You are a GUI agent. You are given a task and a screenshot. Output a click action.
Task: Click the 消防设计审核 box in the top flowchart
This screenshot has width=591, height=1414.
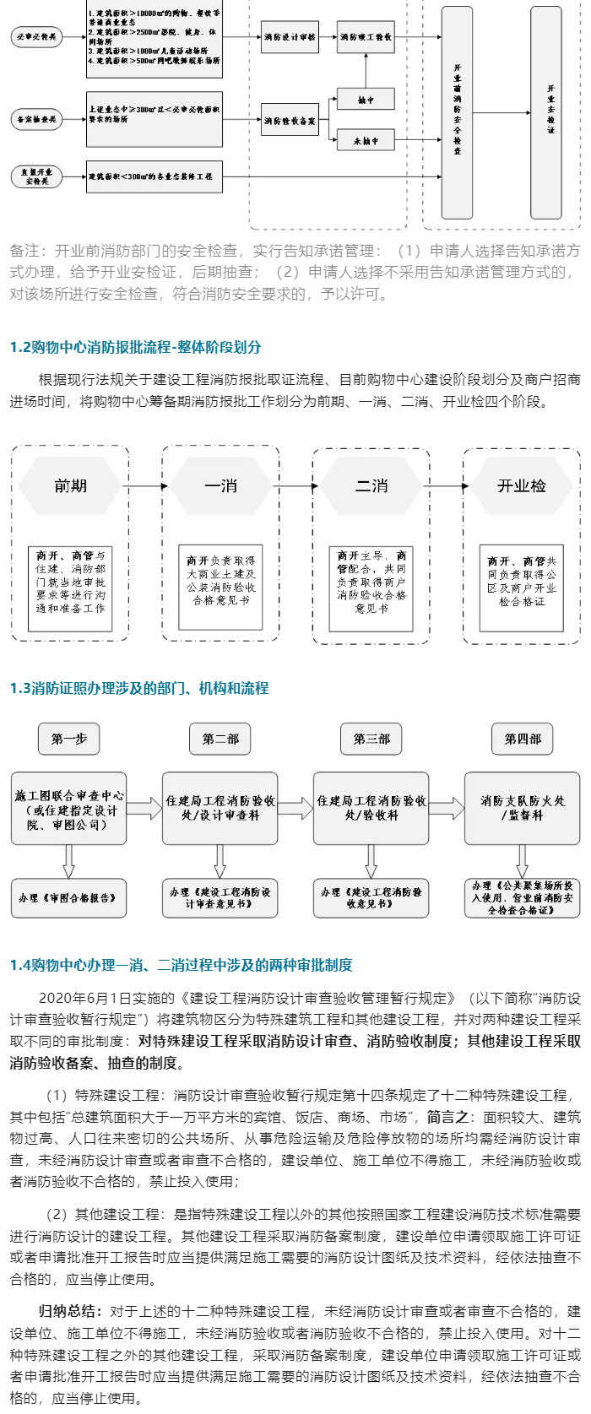(x=290, y=37)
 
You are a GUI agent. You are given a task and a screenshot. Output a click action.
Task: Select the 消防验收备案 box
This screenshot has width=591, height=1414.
(x=290, y=120)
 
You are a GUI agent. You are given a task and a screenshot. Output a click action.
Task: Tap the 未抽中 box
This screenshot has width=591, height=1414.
(x=366, y=140)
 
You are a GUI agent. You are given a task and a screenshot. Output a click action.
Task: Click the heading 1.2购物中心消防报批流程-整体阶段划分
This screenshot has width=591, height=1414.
(x=135, y=347)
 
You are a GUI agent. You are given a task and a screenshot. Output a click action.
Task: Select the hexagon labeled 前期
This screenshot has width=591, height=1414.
(x=70, y=485)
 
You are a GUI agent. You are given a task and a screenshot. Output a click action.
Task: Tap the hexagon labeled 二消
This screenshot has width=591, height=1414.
(x=371, y=485)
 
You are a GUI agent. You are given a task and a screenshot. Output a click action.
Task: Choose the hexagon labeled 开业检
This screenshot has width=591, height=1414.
(x=522, y=485)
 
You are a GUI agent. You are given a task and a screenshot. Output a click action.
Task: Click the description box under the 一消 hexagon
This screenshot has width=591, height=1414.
(x=221, y=581)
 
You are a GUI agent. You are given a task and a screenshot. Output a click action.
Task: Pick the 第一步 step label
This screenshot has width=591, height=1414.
(x=69, y=739)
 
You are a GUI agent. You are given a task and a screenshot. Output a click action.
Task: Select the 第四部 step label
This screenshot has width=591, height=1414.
(x=523, y=739)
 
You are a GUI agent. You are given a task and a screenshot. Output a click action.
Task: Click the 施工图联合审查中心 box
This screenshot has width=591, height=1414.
(x=69, y=809)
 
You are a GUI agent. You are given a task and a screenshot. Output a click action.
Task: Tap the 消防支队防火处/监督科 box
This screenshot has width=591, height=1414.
(x=523, y=809)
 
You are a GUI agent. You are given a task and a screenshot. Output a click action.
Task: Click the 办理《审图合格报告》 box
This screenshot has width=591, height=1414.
(x=69, y=898)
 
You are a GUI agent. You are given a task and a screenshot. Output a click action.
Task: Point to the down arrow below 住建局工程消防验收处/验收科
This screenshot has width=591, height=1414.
(x=371, y=861)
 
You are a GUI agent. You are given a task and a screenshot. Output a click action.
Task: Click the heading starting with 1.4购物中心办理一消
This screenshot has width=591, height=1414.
(x=182, y=965)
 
